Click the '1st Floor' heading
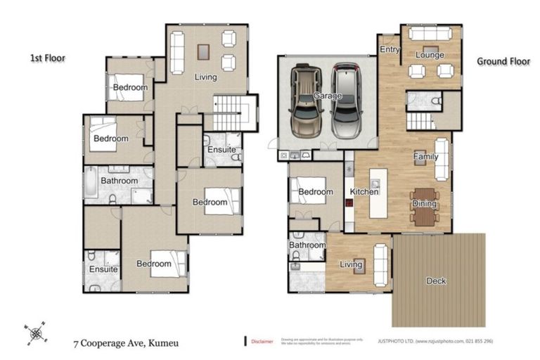point(47,58)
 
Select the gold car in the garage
point(306,101)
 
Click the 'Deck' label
point(436,281)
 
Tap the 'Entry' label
point(389,50)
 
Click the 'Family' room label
point(425,157)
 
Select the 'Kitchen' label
point(364,191)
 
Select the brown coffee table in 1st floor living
point(204,51)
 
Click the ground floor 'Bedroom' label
point(314,192)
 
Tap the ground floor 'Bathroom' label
point(307,245)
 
